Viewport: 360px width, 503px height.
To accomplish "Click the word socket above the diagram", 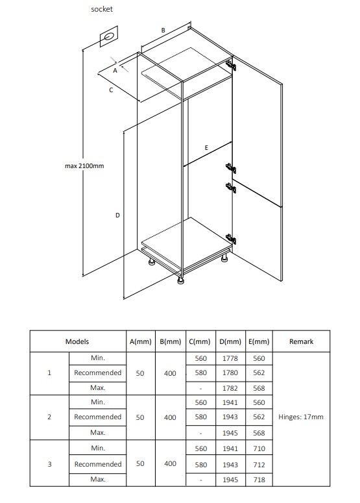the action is click(x=102, y=9).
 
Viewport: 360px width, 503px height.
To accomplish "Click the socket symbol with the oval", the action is click(x=109, y=38).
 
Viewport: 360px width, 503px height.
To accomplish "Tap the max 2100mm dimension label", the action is click(x=84, y=166).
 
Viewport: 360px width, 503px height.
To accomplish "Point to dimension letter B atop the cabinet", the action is click(x=163, y=30).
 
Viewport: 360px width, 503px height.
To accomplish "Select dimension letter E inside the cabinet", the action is click(x=206, y=147).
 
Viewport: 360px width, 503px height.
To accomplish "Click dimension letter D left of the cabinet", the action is click(x=117, y=215).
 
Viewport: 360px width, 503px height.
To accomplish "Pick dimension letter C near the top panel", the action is click(x=111, y=90).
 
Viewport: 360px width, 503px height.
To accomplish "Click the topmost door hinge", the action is click(x=231, y=64).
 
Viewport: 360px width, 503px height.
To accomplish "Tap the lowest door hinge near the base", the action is click(x=231, y=239).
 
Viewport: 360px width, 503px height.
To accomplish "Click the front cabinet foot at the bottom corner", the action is click(x=181, y=280).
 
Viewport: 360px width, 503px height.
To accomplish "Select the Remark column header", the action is click(x=301, y=341).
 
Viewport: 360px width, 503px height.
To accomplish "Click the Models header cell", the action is click(x=77, y=341).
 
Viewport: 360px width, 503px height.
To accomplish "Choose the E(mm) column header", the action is click(x=259, y=341).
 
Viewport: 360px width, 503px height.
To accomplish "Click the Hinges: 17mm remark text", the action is click(x=301, y=417).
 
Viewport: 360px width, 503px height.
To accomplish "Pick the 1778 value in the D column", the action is click(x=230, y=358).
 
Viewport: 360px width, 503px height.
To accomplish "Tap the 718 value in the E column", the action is click(x=259, y=480).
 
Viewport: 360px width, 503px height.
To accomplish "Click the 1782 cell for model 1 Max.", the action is click(x=230, y=388).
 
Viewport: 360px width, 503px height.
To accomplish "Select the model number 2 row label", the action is click(x=49, y=417).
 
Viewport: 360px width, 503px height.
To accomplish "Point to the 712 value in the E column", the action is click(x=259, y=465).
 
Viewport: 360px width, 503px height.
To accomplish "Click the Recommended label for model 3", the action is click(x=98, y=464).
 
